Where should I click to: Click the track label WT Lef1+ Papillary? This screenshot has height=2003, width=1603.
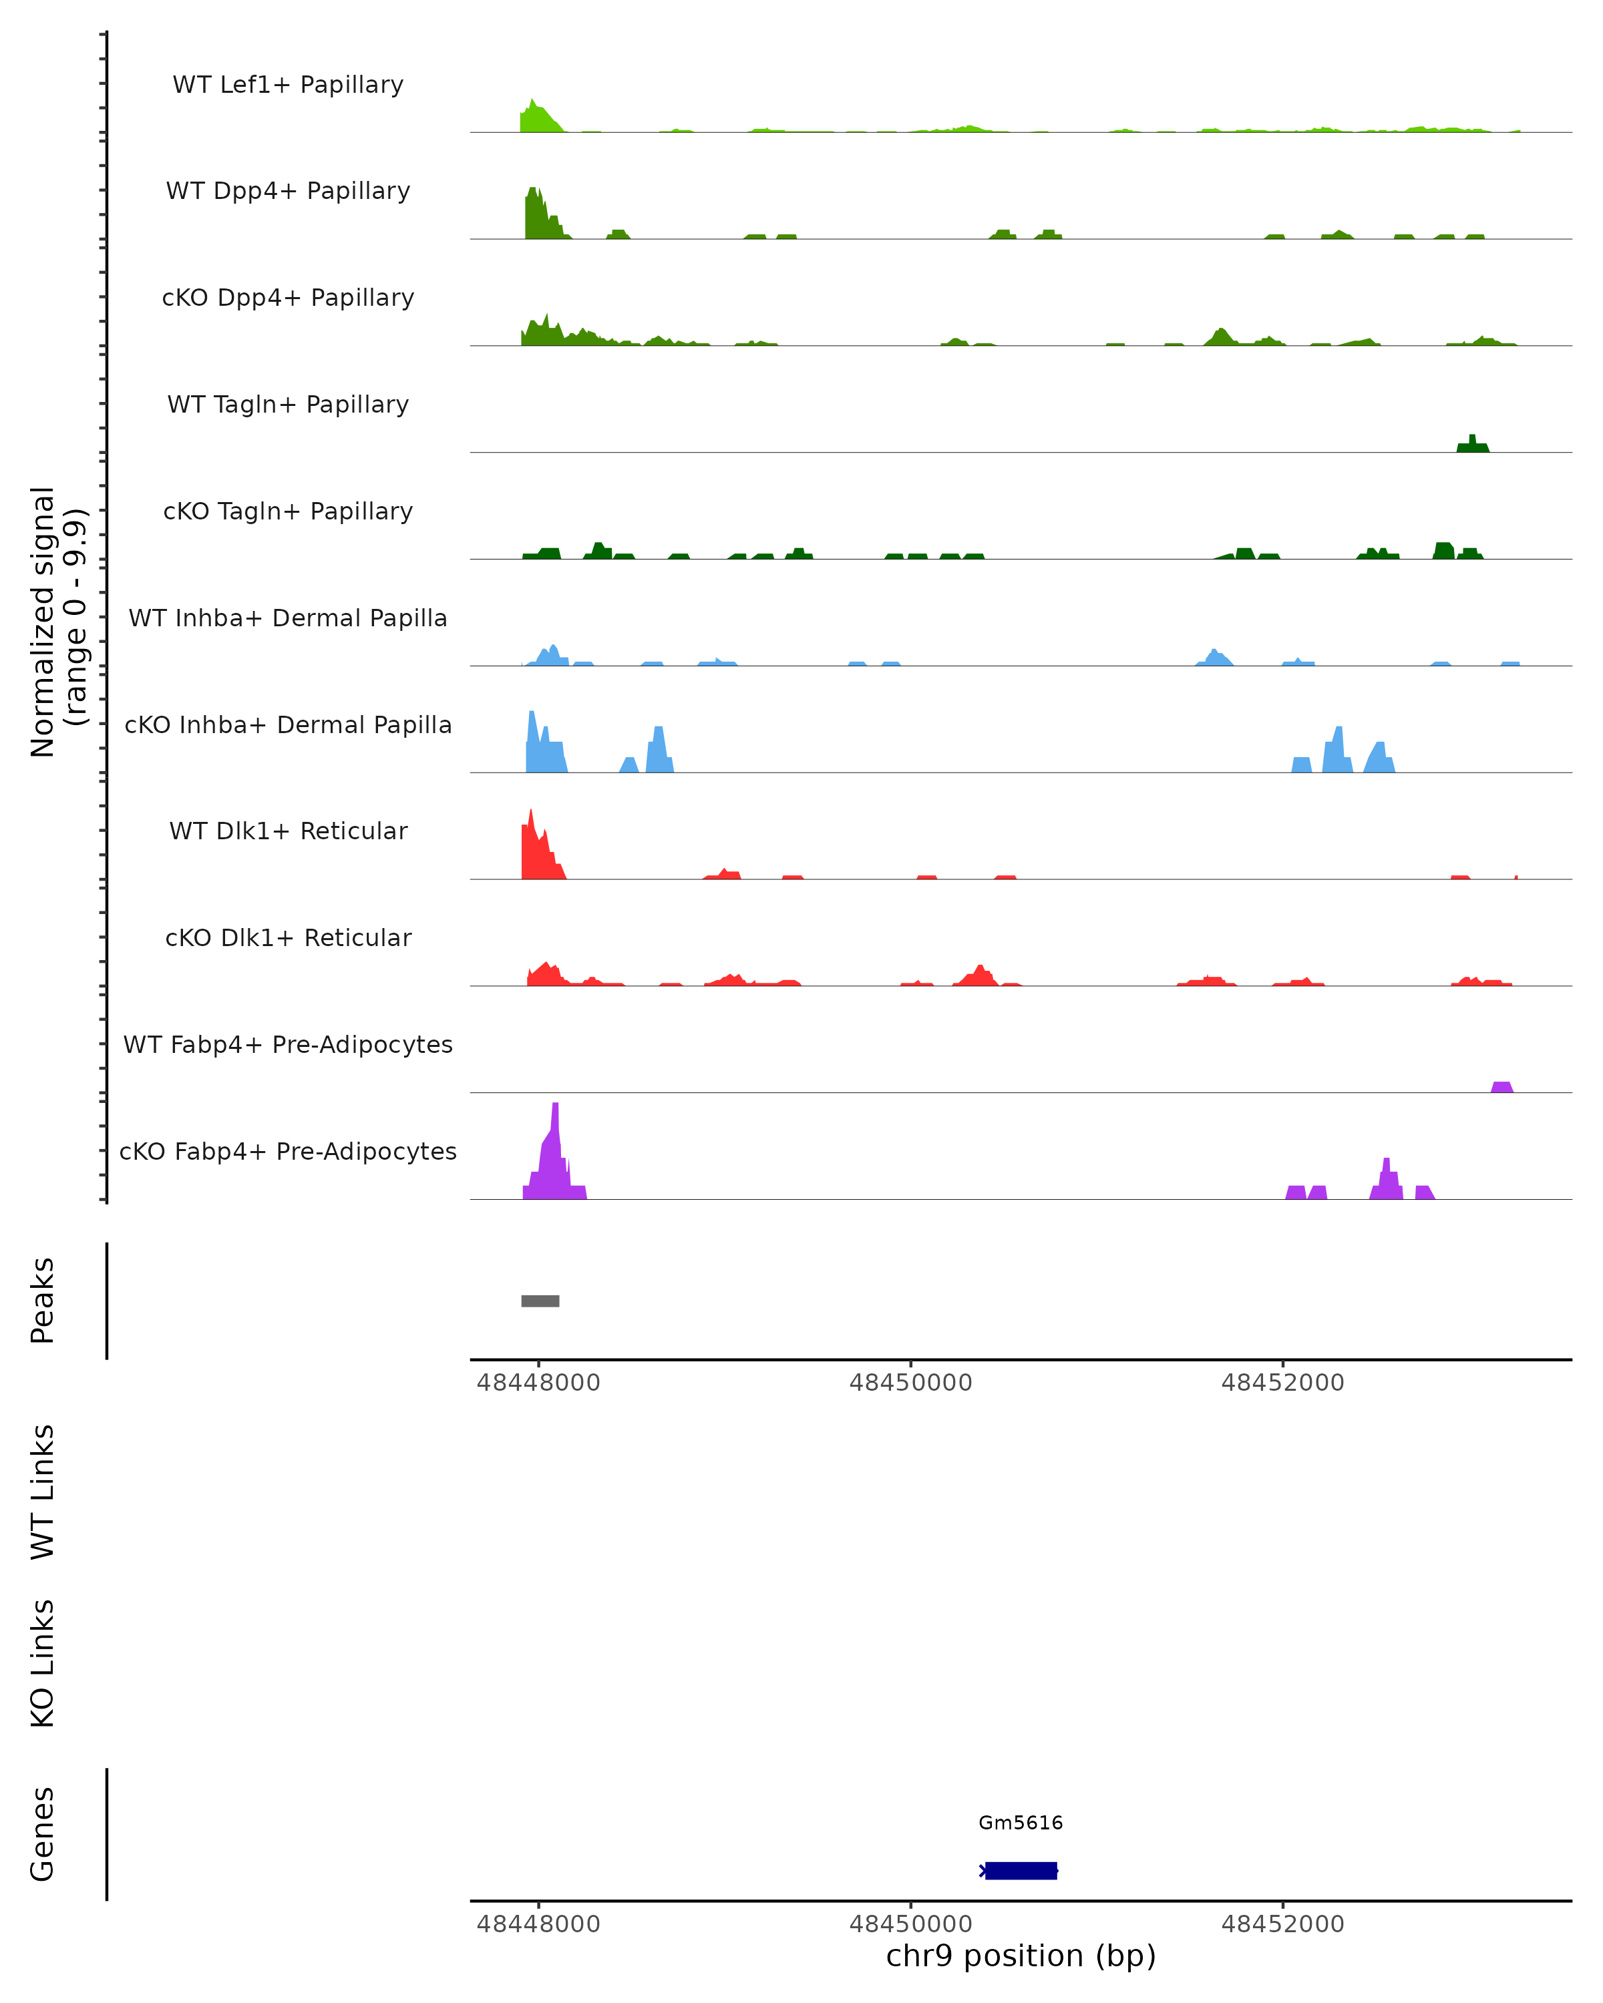(288, 85)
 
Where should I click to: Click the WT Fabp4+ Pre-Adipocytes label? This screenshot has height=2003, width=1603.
(288, 1044)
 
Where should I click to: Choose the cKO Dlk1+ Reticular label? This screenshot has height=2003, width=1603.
(288, 937)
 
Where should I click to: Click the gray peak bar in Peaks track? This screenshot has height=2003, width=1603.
(540, 1301)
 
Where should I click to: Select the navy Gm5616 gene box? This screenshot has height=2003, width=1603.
(1021, 1870)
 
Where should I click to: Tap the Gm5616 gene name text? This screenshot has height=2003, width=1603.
(1021, 1823)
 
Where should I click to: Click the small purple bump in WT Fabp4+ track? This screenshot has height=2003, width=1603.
(1501, 1087)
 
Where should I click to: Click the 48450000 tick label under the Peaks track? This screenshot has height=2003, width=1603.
(910, 1383)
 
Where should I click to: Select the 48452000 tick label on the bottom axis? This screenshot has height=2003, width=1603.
(1282, 1924)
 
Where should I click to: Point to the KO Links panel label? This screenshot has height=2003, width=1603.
(43, 1663)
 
